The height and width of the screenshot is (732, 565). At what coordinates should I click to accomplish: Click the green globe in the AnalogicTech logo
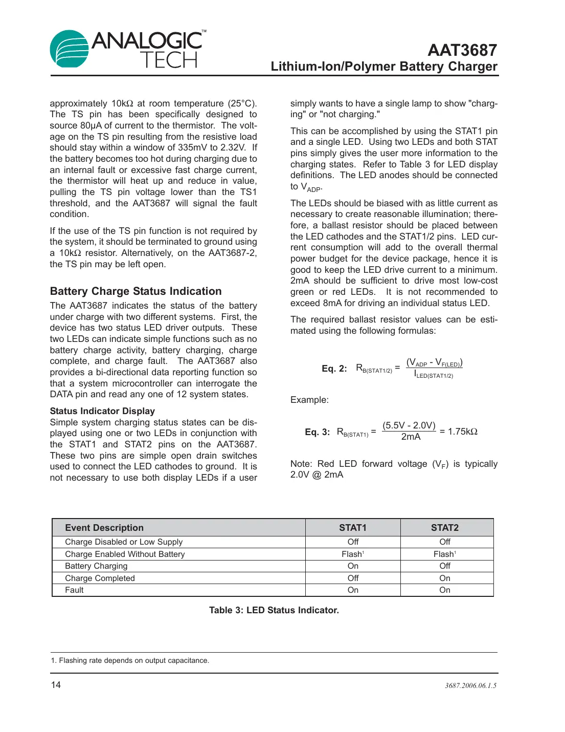(x=70, y=49)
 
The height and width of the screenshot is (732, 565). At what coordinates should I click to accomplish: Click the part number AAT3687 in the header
(x=462, y=50)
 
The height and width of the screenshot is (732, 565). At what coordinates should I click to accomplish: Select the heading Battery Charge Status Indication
(x=135, y=291)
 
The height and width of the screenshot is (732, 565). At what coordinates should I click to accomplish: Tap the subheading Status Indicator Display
(x=102, y=411)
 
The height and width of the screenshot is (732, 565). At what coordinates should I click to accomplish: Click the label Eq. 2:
(x=334, y=369)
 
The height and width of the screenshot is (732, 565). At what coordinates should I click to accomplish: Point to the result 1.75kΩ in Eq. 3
(x=462, y=432)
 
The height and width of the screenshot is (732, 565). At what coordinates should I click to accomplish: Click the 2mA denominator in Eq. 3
(x=411, y=437)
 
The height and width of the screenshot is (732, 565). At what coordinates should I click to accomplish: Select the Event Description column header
(x=104, y=528)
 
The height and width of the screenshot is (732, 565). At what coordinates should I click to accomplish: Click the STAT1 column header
(x=353, y=528)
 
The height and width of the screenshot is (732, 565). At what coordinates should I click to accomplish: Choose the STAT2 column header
(x=445, y=528)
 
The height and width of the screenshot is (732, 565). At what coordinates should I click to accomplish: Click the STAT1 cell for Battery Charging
(x=353, y=566)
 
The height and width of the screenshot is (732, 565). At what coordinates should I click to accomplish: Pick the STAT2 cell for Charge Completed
(x=445, y=578)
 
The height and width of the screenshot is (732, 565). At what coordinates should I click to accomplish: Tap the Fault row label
(x=74, y=590)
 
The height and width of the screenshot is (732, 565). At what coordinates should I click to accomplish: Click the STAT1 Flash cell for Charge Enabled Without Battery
(x=352, y=554)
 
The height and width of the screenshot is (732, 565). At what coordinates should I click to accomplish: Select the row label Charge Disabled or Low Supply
(x=124, y=542)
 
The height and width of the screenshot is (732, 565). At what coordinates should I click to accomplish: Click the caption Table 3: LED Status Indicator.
(x=274, y=610)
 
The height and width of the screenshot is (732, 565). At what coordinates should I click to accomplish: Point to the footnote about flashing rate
(x=130, y=660)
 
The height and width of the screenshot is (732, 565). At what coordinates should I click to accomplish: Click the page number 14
(x=56, y=685)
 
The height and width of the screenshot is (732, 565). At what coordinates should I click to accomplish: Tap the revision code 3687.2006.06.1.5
(x=470, y=685)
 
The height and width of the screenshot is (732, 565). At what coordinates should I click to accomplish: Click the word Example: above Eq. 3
(x=309, y=400)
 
